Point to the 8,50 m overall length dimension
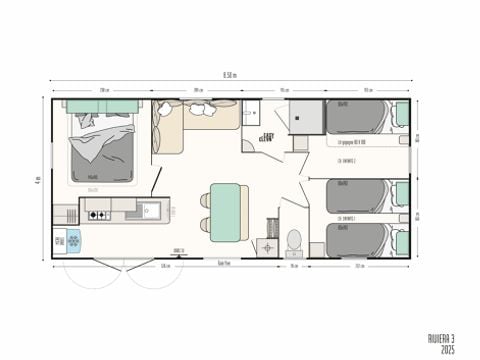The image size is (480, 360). click(x=230, y=74)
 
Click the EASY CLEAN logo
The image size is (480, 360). click(x=268, y=138)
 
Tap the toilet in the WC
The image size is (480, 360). click(x=294, y=240)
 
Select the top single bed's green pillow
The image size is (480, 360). click(x=401, y=115)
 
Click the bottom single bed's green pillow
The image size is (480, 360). click(x=401, y=240)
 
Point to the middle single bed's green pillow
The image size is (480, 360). click(x=401, y=193)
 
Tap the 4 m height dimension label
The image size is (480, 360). click(x=37, y=179)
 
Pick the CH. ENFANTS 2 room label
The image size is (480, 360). click(x=348, y=159)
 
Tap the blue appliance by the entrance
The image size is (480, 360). click(x=60, y=240)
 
